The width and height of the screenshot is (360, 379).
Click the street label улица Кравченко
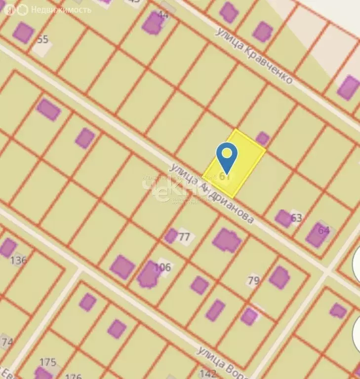254,55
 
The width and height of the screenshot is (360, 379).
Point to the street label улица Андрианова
212,192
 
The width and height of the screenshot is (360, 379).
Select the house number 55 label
43,39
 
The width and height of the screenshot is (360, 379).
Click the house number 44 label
163,15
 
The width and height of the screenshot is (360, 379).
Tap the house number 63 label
296,218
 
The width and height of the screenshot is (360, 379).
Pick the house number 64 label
324,230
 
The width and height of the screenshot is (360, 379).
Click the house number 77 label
184,237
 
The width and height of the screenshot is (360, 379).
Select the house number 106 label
162,267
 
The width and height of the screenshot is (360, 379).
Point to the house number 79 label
253,281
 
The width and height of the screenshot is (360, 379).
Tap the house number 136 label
18,260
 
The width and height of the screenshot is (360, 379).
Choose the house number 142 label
207,374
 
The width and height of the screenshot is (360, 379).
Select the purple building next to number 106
148,275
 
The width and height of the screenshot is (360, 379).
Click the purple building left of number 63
283,218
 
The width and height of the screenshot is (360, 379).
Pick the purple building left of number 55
23,33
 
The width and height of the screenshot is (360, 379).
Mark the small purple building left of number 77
171,236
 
